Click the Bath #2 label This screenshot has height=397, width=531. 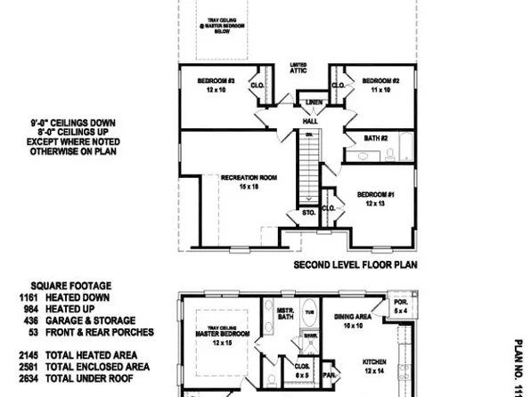376,138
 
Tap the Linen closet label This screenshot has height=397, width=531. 312,102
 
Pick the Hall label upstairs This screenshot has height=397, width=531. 310,121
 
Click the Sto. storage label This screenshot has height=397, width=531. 309,212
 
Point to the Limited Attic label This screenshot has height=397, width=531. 298,68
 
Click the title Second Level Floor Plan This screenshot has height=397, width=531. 355,264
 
